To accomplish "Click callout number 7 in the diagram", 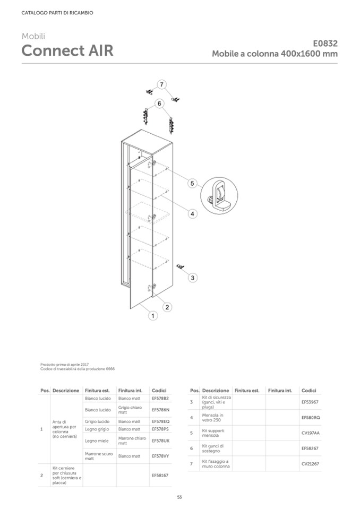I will tap(162, 84).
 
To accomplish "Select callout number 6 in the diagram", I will tap(159, 103).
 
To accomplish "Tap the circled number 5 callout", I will tap(193, 183).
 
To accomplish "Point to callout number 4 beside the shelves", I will tap(193, 213).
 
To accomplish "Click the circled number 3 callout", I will tap(193, 277).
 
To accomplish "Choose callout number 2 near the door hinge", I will tap(166, 307).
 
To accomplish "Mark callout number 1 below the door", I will tap(152, 316).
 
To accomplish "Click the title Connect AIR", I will tap(67, 51).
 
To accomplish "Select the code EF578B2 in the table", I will tap(160, 398).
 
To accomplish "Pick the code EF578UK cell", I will tap(160, 441).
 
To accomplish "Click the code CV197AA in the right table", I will tap(311, 433).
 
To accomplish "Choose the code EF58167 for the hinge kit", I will tap(160, 476).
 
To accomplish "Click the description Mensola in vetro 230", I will tap(213, 417).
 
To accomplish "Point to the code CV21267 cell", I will tap(310, 463).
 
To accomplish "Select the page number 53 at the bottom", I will tap(179, 497).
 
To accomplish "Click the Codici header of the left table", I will tap(159, 391).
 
